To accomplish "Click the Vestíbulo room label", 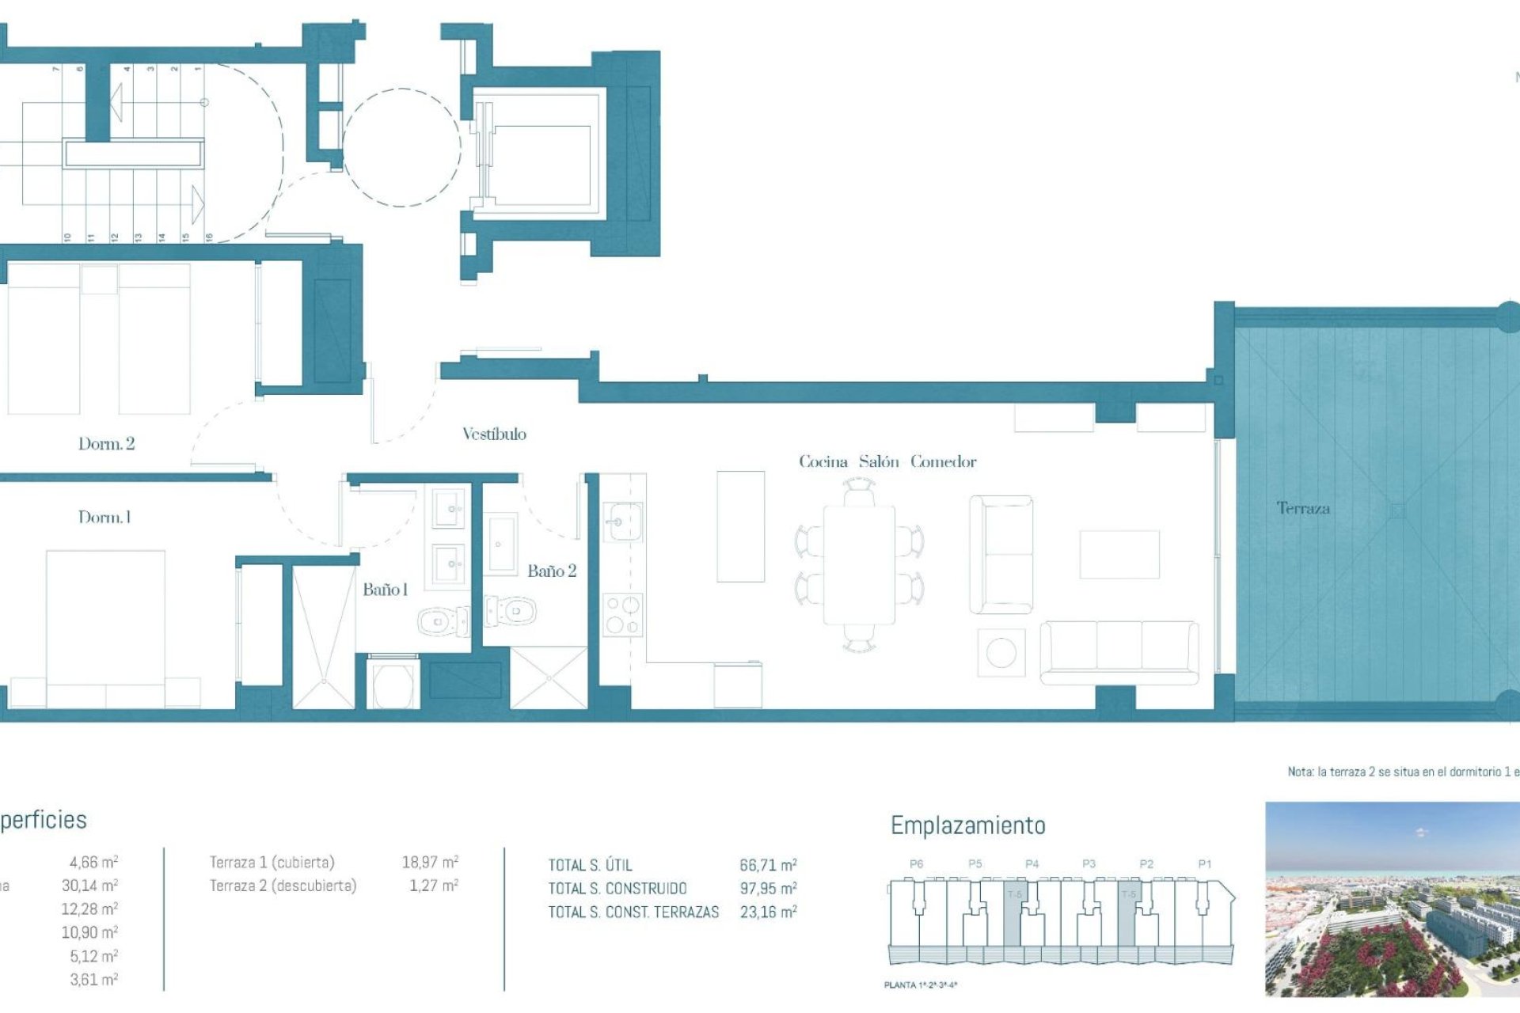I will coord(494,434).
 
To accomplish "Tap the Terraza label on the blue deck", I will coord(1303,508).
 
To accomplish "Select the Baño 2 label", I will coord(552,571).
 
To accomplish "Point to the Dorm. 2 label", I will coord(106,444).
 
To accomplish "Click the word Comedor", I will coord(943,461).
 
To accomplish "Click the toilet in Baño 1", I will coord(442,621).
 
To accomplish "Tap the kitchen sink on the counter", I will coord(623,522).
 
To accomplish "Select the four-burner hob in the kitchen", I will coord(622,616).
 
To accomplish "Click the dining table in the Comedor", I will coord(859,565).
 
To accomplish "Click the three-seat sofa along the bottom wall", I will coord(1119,651).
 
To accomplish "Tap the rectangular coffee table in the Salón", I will coord(1119,555).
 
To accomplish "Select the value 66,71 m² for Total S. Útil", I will coord(768,865).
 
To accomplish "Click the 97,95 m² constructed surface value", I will coord(768,889).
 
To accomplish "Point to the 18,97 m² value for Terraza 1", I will coord(430,862).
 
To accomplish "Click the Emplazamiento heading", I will coord(967,825).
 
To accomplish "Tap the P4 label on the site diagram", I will coord(1032,864).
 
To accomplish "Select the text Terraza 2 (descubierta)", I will coord(283,886).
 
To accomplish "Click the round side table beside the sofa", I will coord(1001,653).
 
